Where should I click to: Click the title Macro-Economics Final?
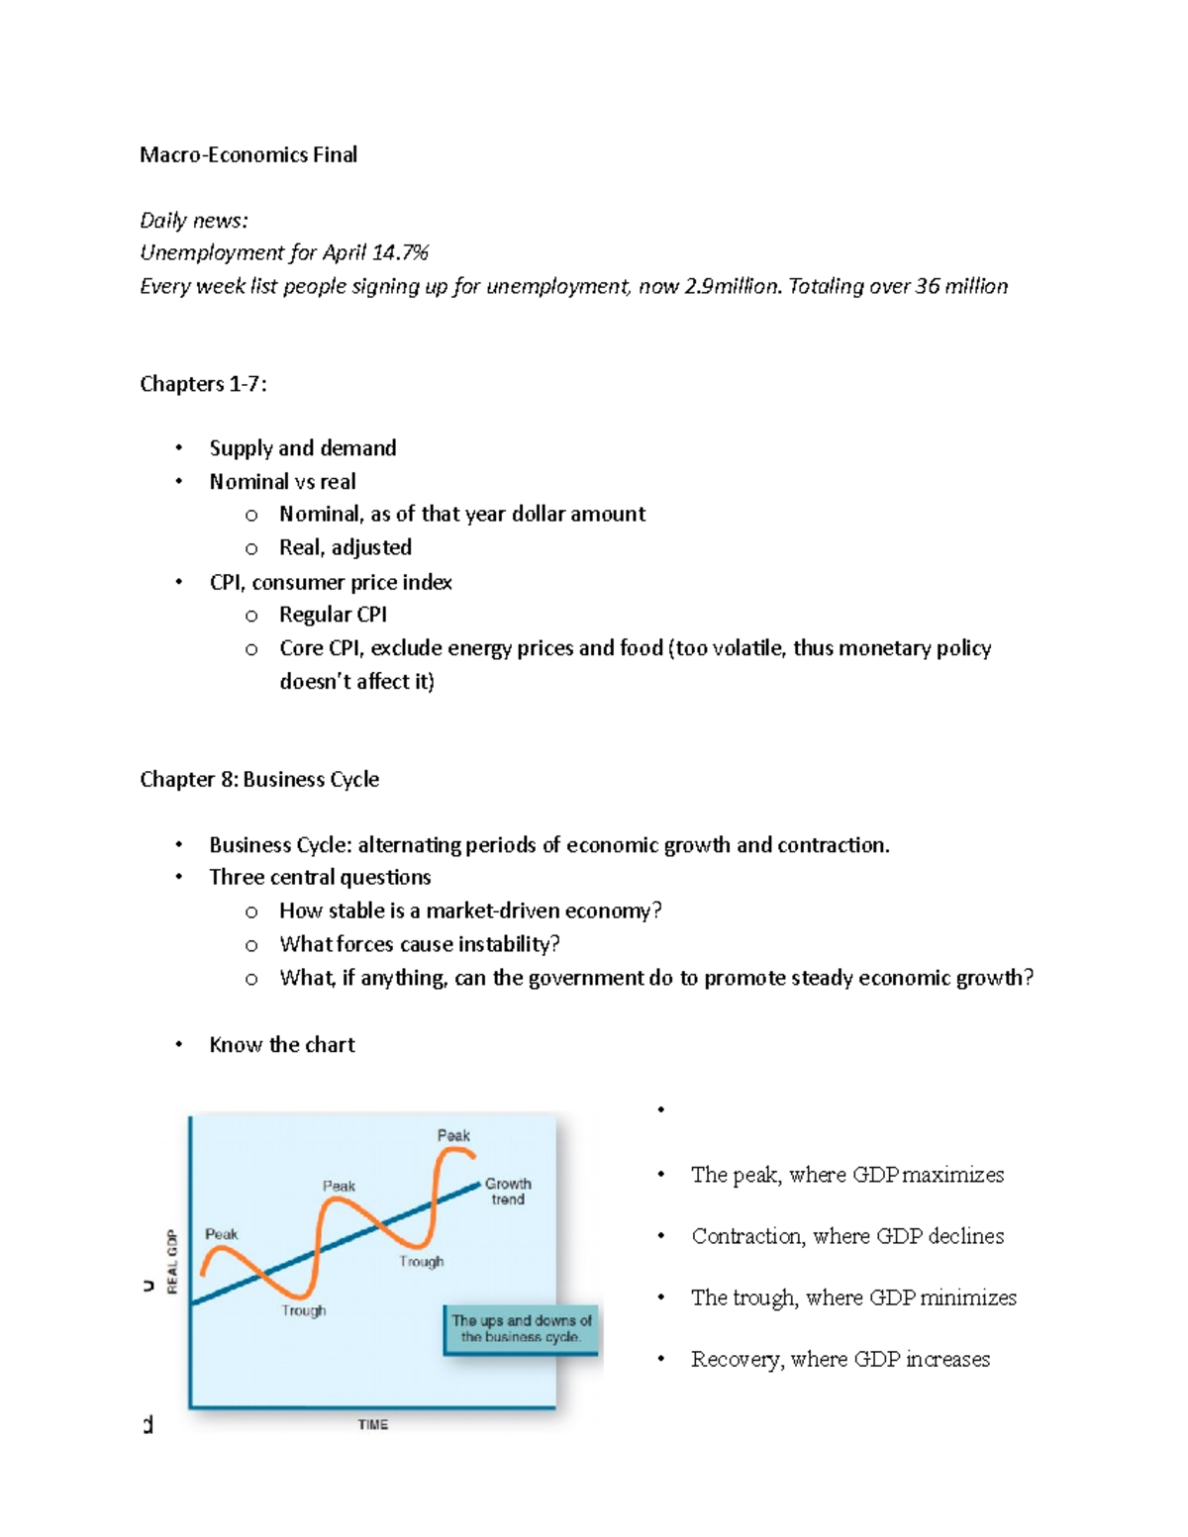(248, 154)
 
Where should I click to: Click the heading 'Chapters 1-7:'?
(203, 383)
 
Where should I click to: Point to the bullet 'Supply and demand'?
(302, 448)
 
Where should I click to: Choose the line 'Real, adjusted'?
(345, 547)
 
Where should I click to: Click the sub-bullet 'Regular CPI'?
(333, 615)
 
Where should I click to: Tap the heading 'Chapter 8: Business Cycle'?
(259, 779)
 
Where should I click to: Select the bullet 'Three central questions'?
(320, 877)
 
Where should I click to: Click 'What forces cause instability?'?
(420, 944)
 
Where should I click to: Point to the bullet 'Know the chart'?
(282, 1044)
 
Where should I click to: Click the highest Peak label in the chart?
(453, 1135)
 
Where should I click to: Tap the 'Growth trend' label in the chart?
(508, 1191)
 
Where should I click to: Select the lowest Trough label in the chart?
(303, 1310)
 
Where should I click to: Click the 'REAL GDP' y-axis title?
(172, 1261)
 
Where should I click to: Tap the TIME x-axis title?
(372, 1424)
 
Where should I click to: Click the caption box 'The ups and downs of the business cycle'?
(521, 1328)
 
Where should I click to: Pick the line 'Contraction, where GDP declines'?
(847, 1236)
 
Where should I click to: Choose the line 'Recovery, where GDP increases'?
(840, 1359)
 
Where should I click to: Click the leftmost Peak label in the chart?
(221, 1234)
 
